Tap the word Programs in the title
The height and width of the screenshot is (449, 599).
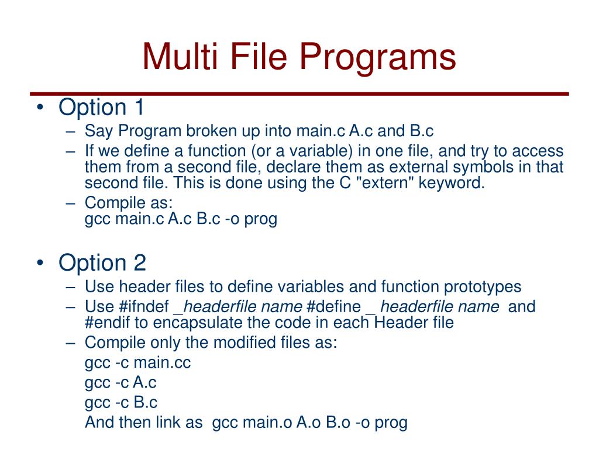(x=381, y=58)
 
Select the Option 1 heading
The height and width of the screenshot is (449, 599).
(x=101, y=108)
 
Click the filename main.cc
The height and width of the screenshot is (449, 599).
(x=162, y=362)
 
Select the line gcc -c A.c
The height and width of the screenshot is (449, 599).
(x=121, y=382)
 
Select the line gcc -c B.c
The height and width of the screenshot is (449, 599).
(x=121, y=402)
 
